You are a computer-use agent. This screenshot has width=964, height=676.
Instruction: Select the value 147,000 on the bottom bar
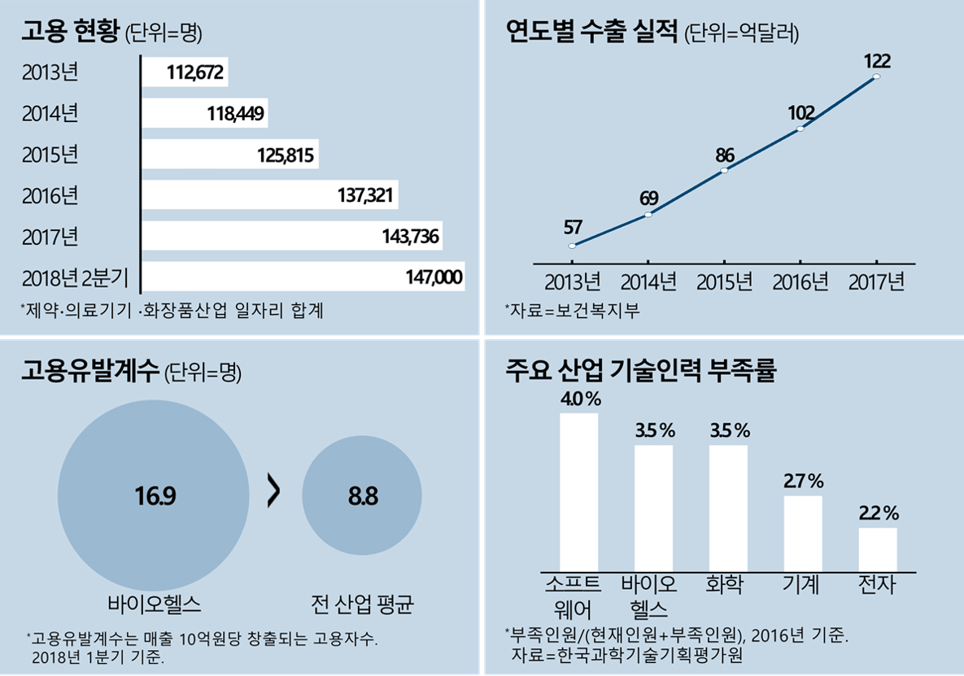(434, 278)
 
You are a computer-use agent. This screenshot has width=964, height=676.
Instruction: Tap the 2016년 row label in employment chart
(50, 196)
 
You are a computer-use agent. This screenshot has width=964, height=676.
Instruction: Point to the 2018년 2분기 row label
(75, 278)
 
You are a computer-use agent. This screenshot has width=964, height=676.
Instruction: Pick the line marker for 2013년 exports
(572, 246)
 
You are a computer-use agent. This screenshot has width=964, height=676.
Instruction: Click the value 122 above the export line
(877, 61)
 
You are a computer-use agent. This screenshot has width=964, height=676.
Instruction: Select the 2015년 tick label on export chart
(724, 283)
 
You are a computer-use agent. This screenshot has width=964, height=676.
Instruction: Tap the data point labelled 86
(724, 170)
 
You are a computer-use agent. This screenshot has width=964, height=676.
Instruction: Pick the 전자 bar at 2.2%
(878, 550)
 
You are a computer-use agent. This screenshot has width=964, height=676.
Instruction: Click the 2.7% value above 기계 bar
(804, 481)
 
